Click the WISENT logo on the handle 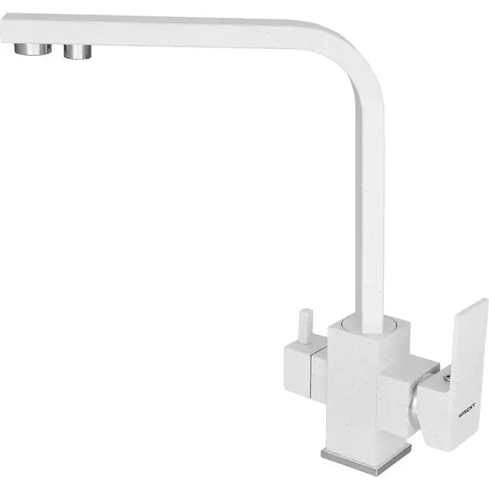click(467, 410)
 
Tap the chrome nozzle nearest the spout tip click(33, 49)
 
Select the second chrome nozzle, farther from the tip click(78, 52)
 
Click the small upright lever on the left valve click(305, 326)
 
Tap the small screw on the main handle click(446, 378)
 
